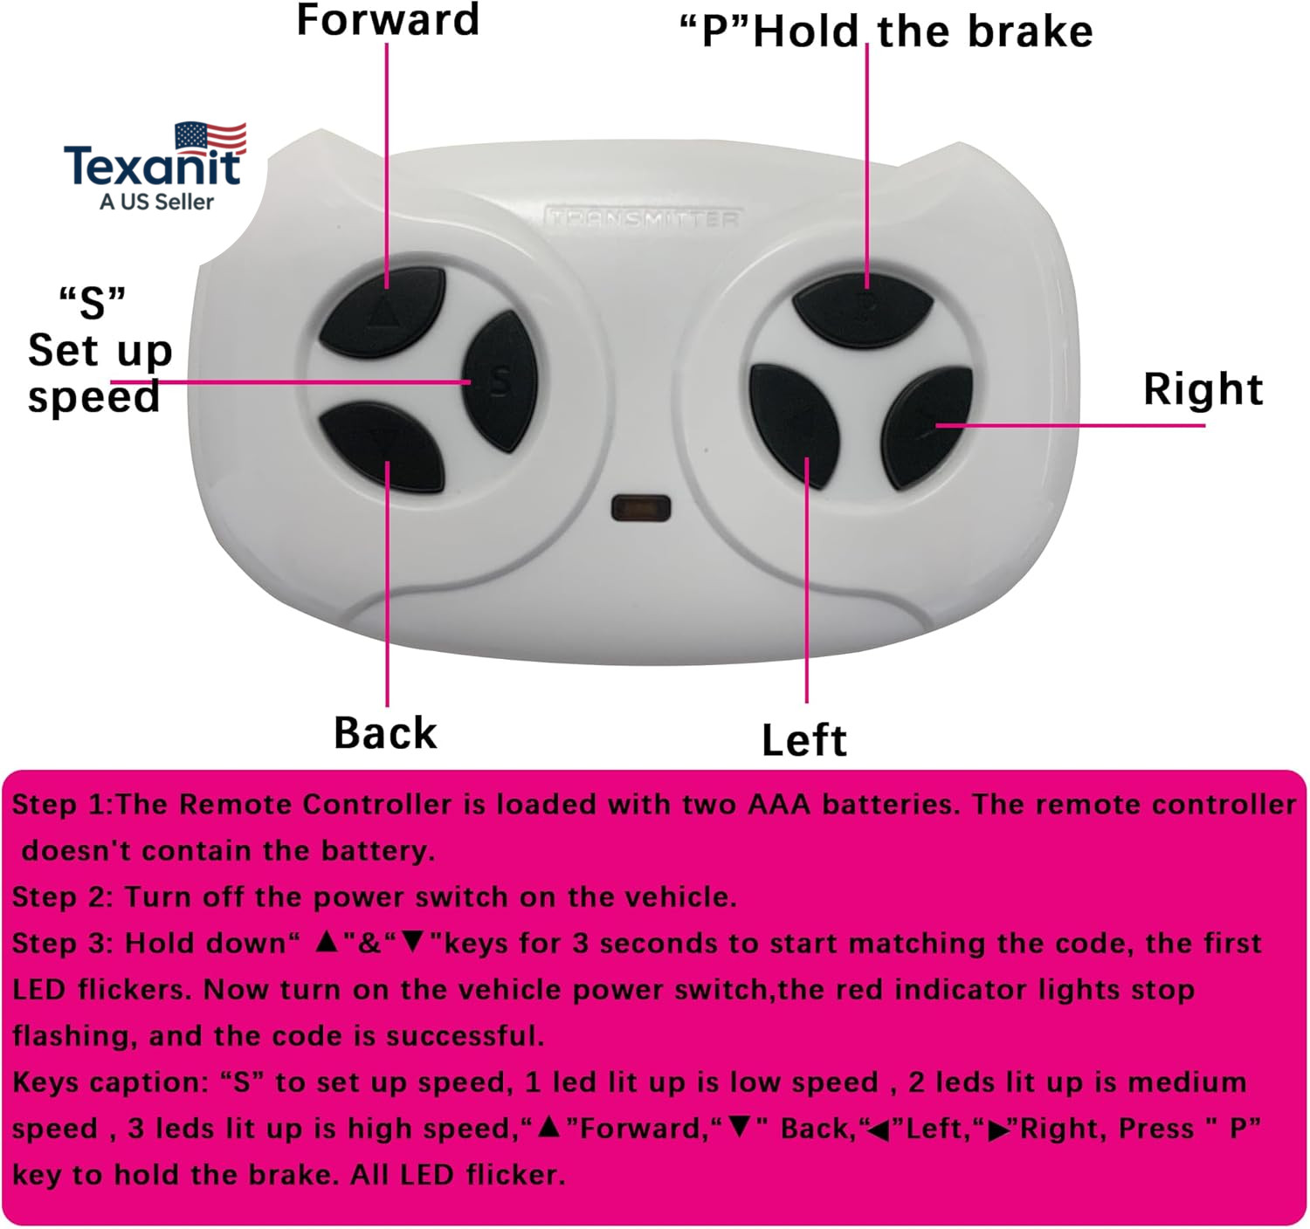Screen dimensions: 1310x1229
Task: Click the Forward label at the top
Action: [388, 20]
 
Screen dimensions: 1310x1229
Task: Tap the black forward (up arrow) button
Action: [383, 312]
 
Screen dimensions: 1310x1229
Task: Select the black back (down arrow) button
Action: [382, 447]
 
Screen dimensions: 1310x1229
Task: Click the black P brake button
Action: [863, 309]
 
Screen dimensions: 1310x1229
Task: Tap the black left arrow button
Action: [795, 425]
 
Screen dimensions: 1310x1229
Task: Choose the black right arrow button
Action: [927, 428]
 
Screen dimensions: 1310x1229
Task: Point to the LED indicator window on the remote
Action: [641, 508]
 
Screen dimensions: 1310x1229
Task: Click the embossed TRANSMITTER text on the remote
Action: [644, 218]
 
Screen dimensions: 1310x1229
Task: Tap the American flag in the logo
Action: [210, 138]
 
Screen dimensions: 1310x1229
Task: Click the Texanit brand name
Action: [152, 166]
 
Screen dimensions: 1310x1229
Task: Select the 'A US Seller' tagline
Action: [157, 202]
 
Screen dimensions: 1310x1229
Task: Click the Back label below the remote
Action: [386, 733]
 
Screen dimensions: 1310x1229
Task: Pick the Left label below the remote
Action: [804, 740]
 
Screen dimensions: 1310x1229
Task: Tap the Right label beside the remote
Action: [1203, 389]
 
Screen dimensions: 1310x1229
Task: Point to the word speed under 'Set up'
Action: [94, 397]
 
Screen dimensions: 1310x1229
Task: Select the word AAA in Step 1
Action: [779, 805]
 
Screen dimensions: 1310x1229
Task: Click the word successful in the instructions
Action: [465, 1036]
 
